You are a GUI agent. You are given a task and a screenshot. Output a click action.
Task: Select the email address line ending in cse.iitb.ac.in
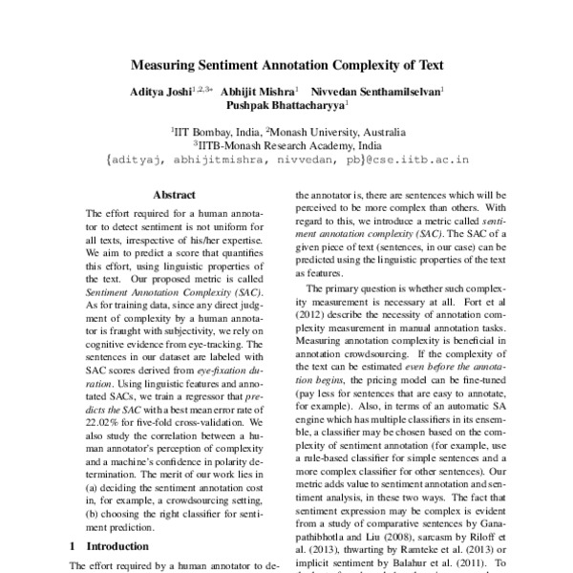click(x=286, y=162)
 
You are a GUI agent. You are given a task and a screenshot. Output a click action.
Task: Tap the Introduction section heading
click(x=117, y=546)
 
